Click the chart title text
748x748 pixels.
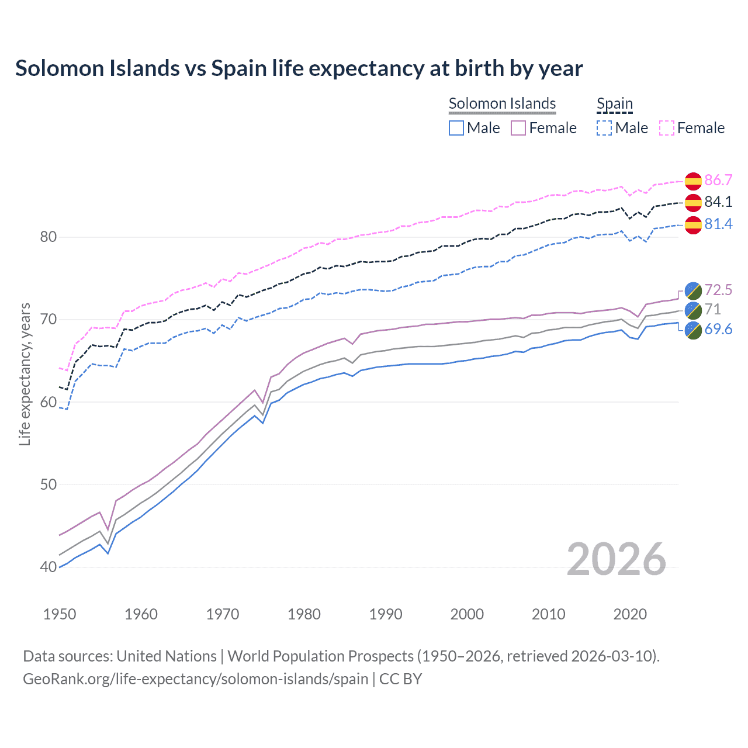[x=299, y=68]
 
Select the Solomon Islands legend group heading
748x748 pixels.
[x=502, y=103]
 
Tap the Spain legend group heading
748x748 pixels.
[x=614, y=103]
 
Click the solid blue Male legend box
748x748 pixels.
[x=456, y=128]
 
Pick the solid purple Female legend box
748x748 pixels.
[x=519, y=128]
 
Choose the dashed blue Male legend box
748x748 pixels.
[x=604, y=128]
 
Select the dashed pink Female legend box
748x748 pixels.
[x=667, y=128]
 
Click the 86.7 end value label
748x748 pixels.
[x=718, y=180]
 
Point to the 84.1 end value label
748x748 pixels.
[x=718, y=202]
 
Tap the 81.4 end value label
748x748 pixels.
[x=718, y=224]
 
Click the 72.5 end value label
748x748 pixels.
[x=718, y=290]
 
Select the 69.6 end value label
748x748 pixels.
[x=718, y=329]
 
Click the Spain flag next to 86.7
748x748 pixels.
[x=693, y=181]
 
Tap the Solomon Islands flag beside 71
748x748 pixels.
[x=693, y=310]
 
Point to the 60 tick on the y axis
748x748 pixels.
[x=49, y=402]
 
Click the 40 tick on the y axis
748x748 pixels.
[x=49, y=567]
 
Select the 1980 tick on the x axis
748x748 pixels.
[x=304, y=614]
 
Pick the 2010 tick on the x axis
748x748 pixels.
[x=548, y=614]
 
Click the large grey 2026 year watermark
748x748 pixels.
[x=616, y=559]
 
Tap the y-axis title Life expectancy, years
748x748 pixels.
[x=25, y=374]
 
